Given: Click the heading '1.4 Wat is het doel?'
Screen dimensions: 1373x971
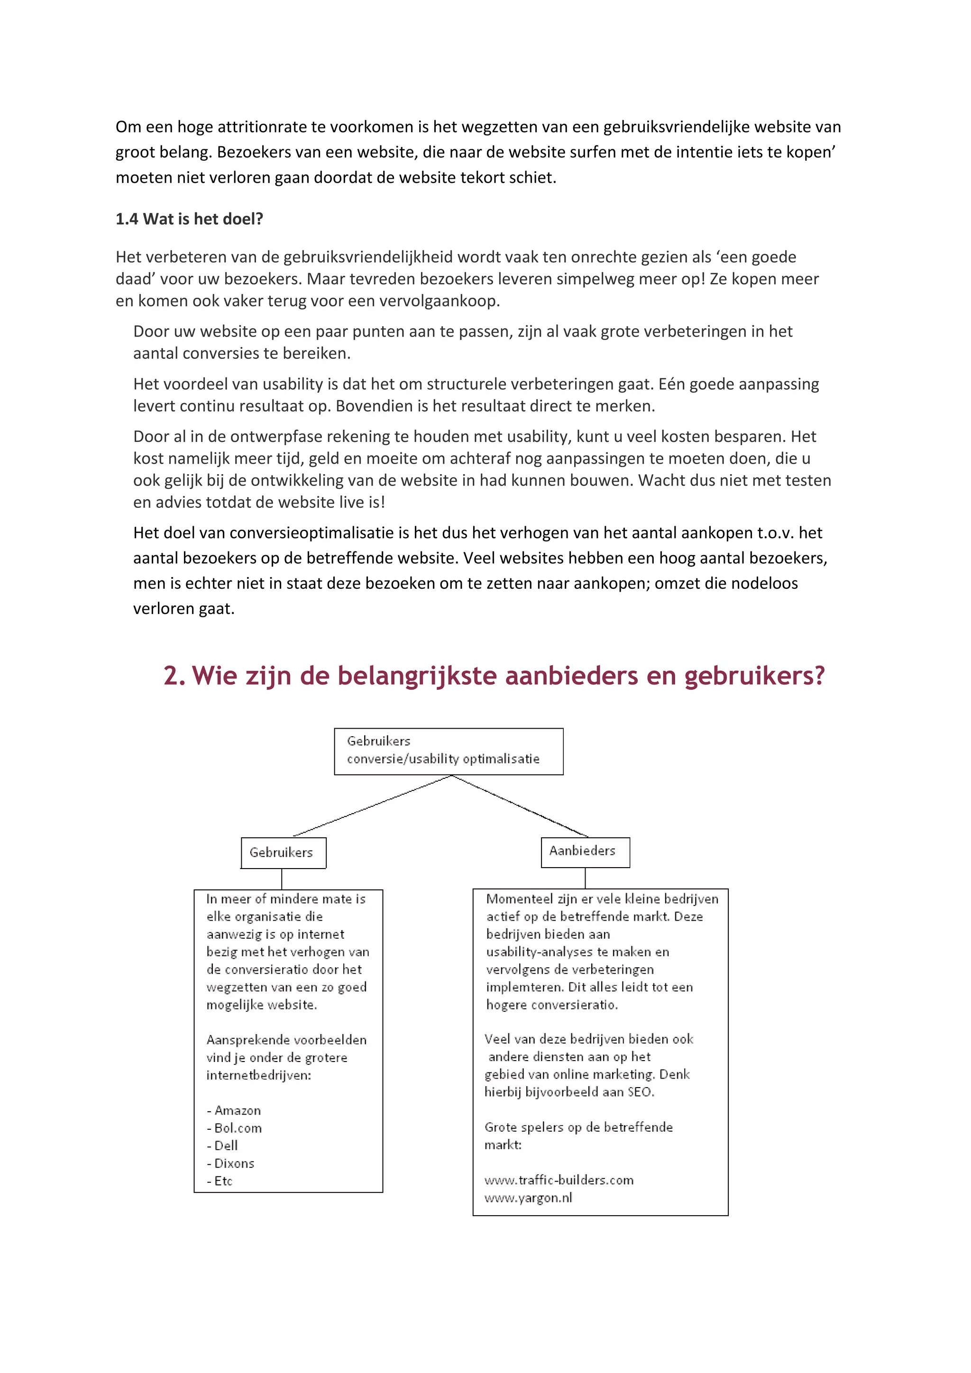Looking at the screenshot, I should click(189, 219).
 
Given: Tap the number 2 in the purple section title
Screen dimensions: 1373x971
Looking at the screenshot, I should click(174, 676).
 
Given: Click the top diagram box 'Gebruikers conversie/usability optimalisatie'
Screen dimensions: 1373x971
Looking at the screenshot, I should click(448, 751).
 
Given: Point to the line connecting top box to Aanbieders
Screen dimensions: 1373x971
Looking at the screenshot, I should click(520, 805).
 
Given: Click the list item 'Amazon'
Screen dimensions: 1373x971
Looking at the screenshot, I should click(238, 1110).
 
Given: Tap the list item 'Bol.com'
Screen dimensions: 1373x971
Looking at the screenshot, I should click(238, 1128).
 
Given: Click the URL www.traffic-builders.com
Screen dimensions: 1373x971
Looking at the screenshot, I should click(559, 1180).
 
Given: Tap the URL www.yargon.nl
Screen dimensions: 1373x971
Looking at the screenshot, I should click(528, 1198).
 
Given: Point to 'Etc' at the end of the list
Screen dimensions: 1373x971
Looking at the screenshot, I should click(223, 1181).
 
